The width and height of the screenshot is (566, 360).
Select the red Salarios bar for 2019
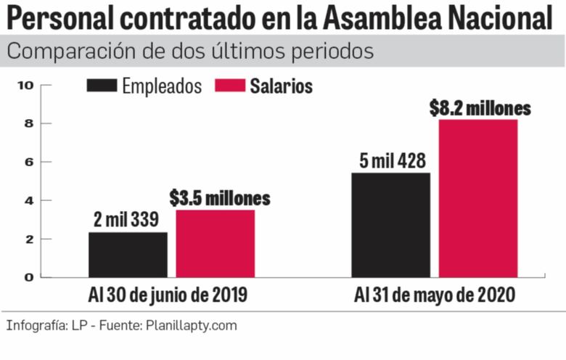point(216,243)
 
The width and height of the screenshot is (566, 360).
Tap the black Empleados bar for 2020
point(390,224)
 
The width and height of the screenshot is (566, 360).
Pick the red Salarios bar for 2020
point(477,198)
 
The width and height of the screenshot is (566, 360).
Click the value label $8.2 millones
point(480,108)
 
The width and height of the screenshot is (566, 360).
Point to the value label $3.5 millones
point(220,198)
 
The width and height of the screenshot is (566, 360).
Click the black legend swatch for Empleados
point(101,86)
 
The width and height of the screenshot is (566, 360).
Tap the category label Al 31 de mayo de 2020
point(435,295)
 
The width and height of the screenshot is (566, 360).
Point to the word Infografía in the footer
point(36,325)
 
